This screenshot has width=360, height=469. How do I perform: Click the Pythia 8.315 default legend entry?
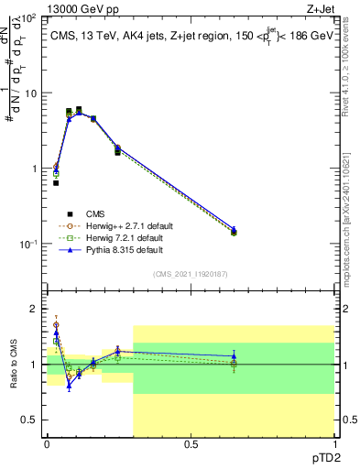[x=124, y=250]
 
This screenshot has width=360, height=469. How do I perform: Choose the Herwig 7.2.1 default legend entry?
[x=124, y=238]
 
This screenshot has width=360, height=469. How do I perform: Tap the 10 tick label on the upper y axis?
[x=29, y=93]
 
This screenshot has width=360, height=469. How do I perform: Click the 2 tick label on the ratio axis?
[x=32, y=309]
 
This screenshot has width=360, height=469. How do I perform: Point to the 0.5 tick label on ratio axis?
[x=27, y=420]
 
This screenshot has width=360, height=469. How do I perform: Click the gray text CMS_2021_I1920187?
[x=191, y=273]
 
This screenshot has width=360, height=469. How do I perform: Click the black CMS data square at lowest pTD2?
[x=56, y=183]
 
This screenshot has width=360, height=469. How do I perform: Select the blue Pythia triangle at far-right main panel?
[x=234, y=229]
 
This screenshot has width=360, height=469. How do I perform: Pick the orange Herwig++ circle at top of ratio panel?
[x=56, y=325]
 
